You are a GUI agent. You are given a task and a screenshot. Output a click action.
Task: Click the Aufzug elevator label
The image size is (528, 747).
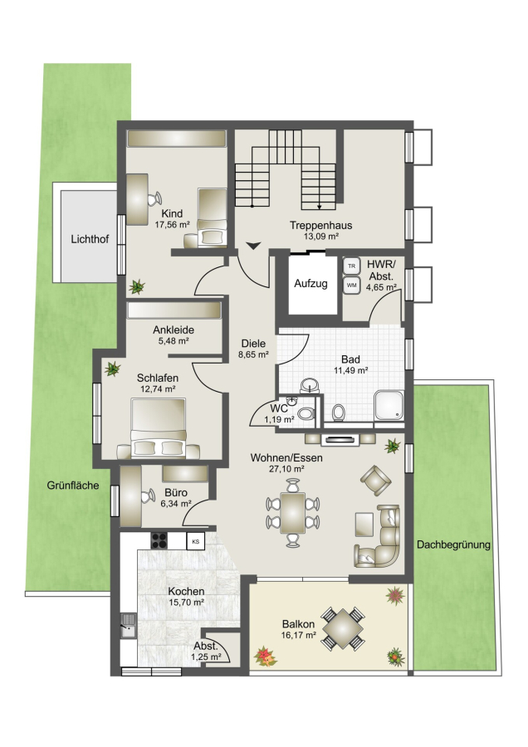(x=310, y=284)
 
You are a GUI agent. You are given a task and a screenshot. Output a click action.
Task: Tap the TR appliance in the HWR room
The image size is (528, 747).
(x=352, y=266)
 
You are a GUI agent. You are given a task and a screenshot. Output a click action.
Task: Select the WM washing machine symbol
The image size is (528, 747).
(x=352, y=285)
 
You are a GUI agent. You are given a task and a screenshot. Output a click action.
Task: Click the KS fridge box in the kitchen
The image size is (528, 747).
(x=195, y=541)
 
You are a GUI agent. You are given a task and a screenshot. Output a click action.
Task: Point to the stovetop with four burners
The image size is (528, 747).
(x=159, y=540)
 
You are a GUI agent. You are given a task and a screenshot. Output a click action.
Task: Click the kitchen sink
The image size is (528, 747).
(x=128, y=625)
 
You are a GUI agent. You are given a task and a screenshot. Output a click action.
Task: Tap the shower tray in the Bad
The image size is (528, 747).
(x=389, y=406)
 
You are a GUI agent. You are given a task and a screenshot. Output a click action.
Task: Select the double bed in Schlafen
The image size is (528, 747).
(x=159, y=428)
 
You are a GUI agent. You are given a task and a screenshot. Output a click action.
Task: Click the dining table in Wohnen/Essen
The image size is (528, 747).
(x=292, y=513)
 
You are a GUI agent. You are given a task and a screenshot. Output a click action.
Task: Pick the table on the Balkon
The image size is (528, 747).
(x=343, y=628)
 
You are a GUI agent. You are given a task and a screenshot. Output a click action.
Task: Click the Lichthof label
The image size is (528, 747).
(x=90, y=239)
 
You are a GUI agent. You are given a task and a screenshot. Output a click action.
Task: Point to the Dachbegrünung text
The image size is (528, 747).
(x=453, y=544)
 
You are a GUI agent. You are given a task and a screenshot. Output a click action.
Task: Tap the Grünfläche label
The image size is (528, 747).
(x=73, y=486)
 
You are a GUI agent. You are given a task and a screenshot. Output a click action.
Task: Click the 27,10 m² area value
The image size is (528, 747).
(x=287, y=469)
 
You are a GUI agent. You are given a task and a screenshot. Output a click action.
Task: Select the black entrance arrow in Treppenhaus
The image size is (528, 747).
(x=253, y=246)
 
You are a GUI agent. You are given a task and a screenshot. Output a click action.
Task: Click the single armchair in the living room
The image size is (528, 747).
(x=376, y=481)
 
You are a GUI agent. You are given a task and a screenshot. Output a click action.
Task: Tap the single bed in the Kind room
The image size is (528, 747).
(x=212, y=217)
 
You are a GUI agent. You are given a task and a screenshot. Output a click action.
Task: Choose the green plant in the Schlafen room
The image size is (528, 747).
(x=113, y=369)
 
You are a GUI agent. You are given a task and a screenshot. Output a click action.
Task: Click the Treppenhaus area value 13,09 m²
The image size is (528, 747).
(x=321, y=236)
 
